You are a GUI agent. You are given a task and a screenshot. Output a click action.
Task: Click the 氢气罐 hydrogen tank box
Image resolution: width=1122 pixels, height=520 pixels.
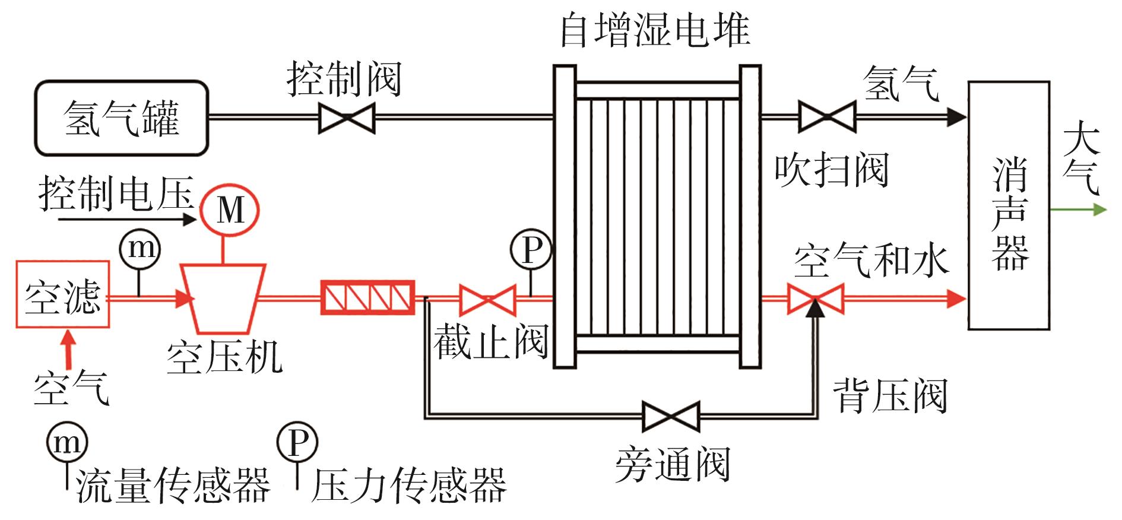click(x=121, y=118)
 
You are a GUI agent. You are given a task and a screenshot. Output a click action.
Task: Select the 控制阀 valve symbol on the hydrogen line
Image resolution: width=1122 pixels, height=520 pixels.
click(x=347, y=118)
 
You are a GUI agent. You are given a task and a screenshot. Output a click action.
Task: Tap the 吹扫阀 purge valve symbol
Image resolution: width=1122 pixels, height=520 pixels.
click(x=827, y=117)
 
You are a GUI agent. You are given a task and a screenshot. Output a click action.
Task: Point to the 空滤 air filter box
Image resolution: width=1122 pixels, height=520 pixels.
click(x=62, y=294)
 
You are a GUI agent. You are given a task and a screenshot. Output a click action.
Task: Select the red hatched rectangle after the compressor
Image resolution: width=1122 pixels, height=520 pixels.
click(x=367, y=297)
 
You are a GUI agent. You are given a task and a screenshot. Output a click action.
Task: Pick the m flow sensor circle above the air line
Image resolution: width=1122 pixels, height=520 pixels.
click(x=140, y=248)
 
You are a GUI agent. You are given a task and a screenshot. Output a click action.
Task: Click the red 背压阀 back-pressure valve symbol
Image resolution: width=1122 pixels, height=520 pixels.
click(x=816, y=299)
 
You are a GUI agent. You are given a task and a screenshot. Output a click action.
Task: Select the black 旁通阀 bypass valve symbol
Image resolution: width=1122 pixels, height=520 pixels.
click(x=671, y=416)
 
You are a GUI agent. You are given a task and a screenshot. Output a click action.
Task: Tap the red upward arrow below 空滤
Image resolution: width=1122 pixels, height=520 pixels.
click(x=69, y=350)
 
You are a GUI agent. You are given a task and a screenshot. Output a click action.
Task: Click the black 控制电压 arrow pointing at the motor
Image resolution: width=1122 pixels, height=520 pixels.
click(x=128, y=220)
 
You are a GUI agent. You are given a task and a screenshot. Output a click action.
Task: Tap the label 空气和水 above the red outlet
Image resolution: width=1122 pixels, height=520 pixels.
click(x=871, y=261)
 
